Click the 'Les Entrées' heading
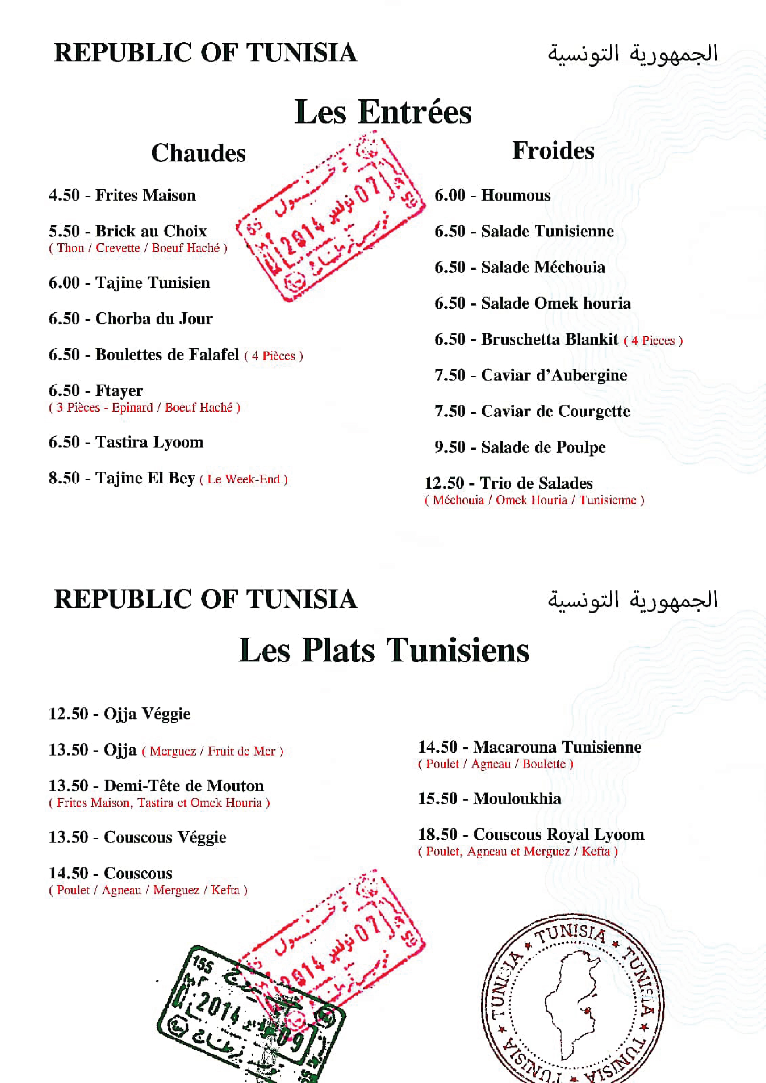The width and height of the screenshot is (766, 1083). tap(383, 112)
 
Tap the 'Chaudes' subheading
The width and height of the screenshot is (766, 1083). tap(198, 153)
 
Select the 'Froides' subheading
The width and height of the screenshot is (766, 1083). tap(553, 151)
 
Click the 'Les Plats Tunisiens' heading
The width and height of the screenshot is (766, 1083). tap(383, 650)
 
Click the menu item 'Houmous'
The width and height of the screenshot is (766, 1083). tap(516, 195)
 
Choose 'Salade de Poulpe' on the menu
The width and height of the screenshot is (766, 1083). tap(543, 447)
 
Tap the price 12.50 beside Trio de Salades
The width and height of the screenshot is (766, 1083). tap(444, 483)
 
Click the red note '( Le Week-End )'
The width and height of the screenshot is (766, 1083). tap(243, 479)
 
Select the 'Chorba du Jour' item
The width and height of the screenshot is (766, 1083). tap(154, 319)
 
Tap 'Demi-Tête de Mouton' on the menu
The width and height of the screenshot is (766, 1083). tap(183, 785)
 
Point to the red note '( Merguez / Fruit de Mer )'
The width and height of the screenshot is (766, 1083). tap(213, 751)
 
